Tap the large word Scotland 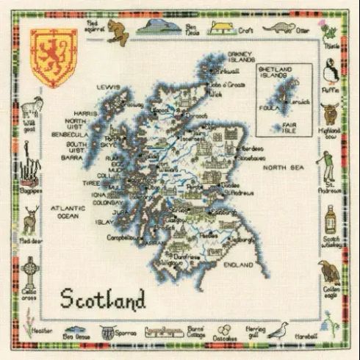[102, 299]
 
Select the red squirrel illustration [115, 29]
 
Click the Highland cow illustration [330, 117]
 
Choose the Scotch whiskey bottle [331, 217]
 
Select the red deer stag [30, 218]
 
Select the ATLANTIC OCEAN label [67, 212]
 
